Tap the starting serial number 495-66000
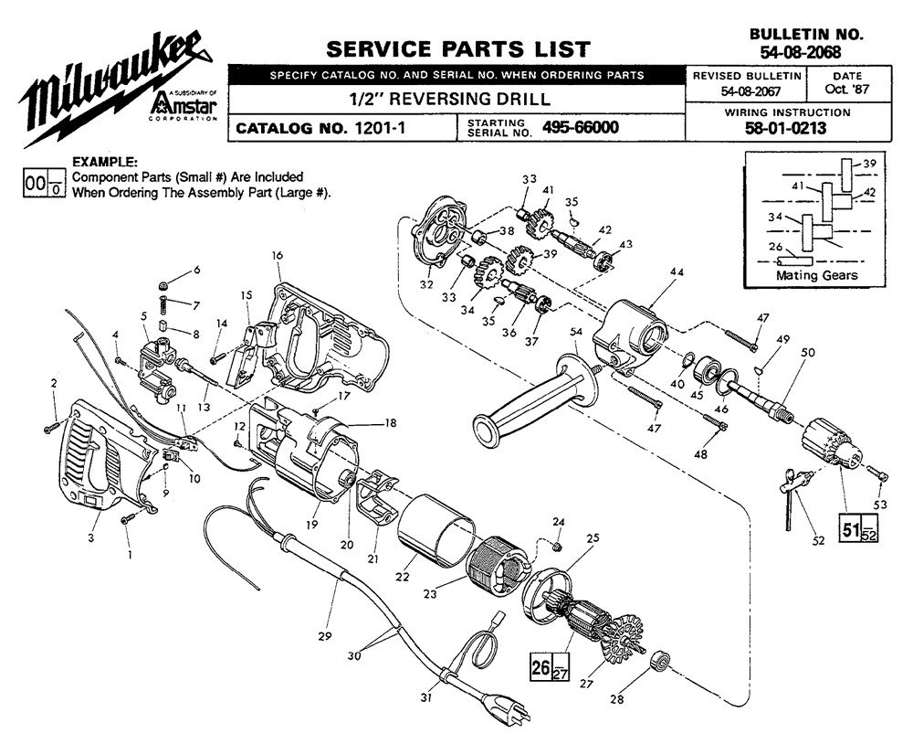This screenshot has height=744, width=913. (x=580, y=128)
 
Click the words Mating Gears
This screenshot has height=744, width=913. (x=816, y=274)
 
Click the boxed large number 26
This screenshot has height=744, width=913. (x=540, y=667)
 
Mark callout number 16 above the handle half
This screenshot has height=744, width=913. (x=276, y=255)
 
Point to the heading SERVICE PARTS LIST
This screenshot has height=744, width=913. (x=457, y=48)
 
